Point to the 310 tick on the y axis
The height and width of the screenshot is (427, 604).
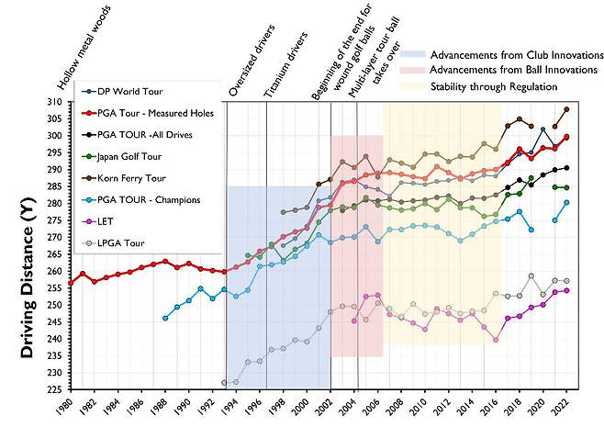tap(58, 101)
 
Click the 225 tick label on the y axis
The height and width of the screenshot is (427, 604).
tap(58, 389)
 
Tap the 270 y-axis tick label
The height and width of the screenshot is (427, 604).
tap(58, 237)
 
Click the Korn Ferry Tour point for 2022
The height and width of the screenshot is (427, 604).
tap(567, 109)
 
